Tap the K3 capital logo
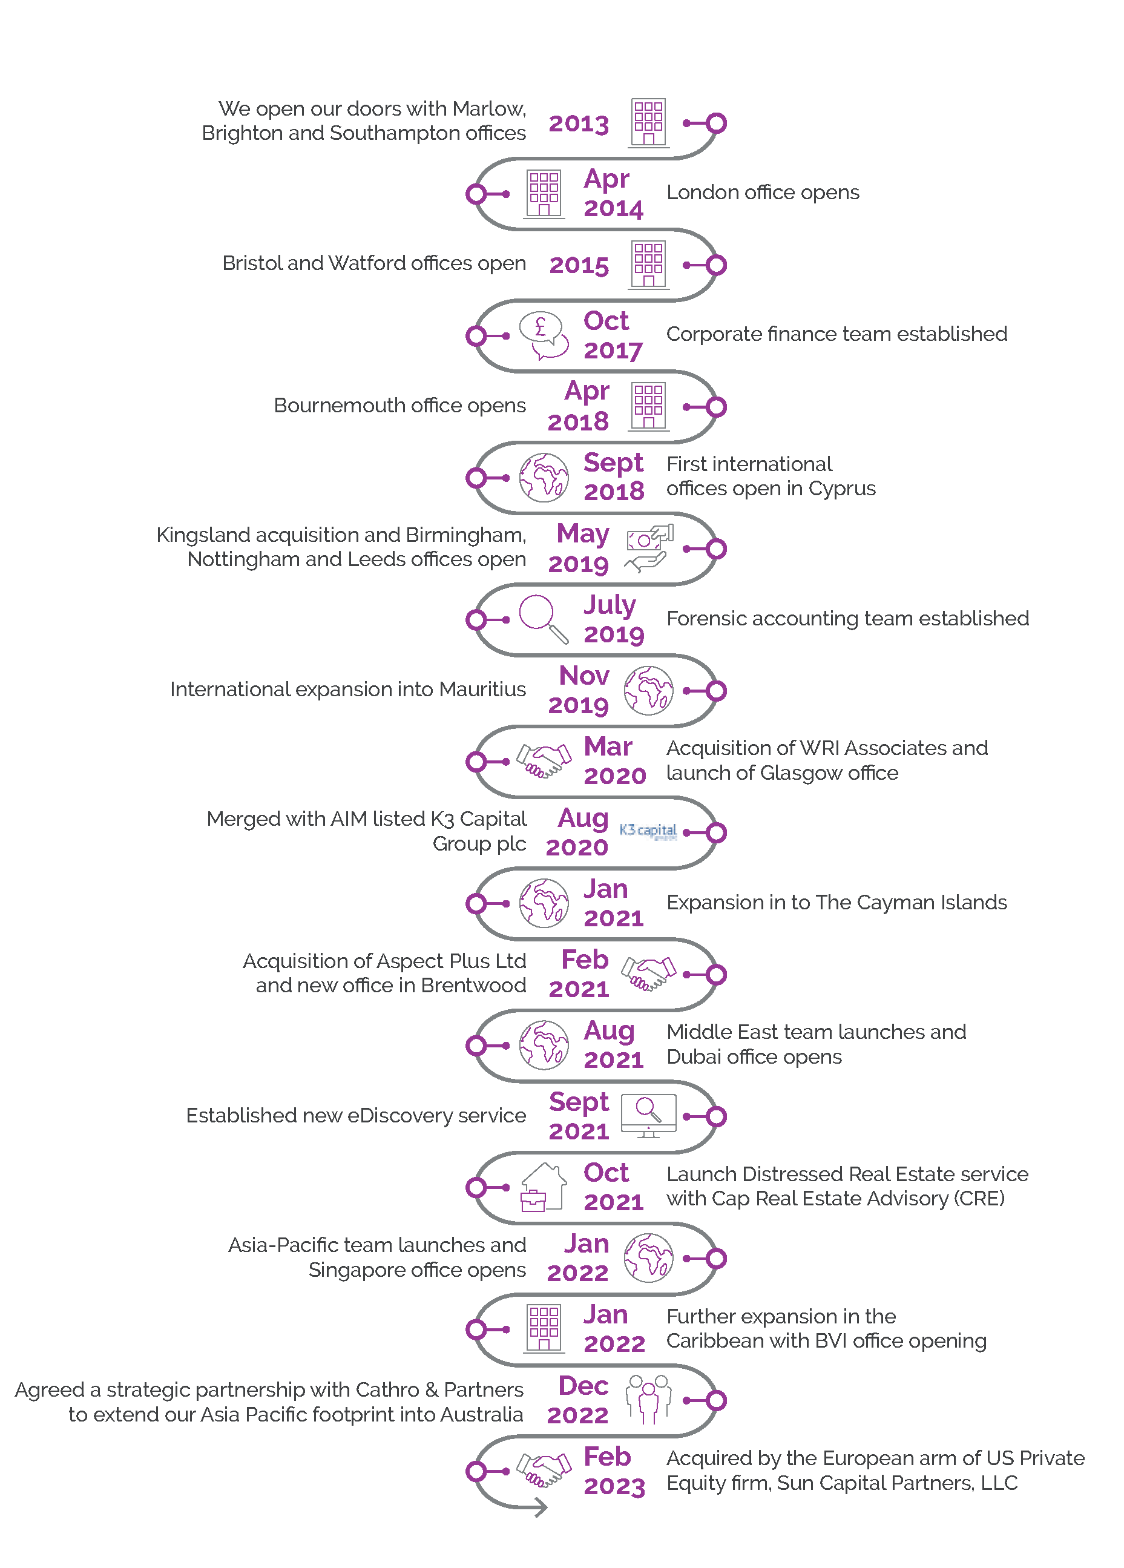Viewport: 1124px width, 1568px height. pyautogui.click(x=647, y=831)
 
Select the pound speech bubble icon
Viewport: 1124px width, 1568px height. pyautogui.click(x=544, y=335)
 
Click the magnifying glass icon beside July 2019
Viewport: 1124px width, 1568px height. pyautogui.click(x=544, y=618)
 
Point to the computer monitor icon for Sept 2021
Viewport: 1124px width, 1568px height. pyautogui.click(x=648, y=1115)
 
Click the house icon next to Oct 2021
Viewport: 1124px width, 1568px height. pyautogui.click(x=544, y=1187)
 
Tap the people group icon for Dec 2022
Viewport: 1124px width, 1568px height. pyautogui.click(x=648, y=1398)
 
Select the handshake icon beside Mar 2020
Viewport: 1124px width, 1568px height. pyautogui.click(x=544, y=760)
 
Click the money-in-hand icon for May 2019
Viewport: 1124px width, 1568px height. pyautogui.click(x=648, y=547)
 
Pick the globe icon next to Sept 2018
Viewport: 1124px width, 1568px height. pyautogui.click(x=544, y=477)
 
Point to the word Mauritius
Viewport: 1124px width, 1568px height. pyautogui.click(x=482, y=690)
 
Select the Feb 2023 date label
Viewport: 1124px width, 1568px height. pyautogui.click(x=613, y=1471)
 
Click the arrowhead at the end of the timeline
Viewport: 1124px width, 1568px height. pyautogui.click(x=540, y=1508)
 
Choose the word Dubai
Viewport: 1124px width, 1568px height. pyautogui.click(x=692, y=1057)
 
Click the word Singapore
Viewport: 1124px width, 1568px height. pyautogui.click(x=355, y=1270)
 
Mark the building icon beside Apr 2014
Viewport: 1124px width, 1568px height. pyautogui.click(x=544, y=194)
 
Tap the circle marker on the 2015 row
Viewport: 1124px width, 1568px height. pyautogui.click(x=716, y=265)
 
